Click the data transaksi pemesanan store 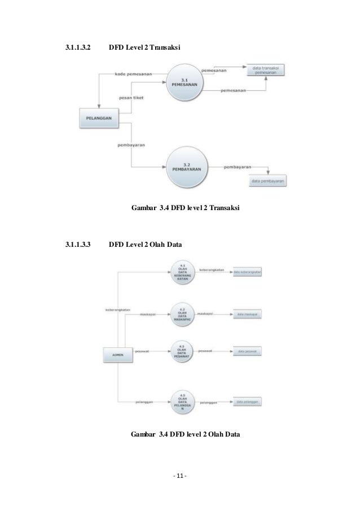[265, 70]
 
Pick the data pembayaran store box [268, 181]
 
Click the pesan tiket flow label [130, 98]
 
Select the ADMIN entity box [117, 354]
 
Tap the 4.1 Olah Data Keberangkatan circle [182, 273]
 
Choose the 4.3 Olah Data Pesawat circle [182, 351]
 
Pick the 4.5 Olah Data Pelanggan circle [182, 402]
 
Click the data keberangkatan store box [249, 272]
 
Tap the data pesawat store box [248, 351]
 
